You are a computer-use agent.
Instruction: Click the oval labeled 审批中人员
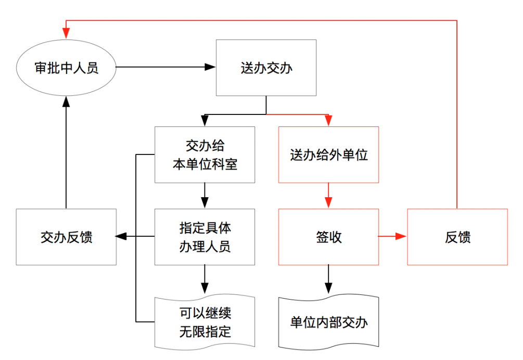(66, 68)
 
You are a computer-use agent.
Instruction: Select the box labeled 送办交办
(266, 68)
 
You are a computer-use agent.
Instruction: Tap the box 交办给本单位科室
(205, 155)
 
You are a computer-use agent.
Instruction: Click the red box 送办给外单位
(328, 155)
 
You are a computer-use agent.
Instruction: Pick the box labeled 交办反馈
(66, 237)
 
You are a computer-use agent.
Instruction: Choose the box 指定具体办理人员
(205, 237)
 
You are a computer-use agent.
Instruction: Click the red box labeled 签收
(328, 237)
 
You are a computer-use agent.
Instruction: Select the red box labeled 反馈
(457, 237)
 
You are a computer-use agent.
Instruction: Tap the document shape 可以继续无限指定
(205, 322)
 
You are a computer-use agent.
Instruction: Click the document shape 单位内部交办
(328, 322)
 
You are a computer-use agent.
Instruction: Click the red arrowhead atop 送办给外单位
(328, 121)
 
